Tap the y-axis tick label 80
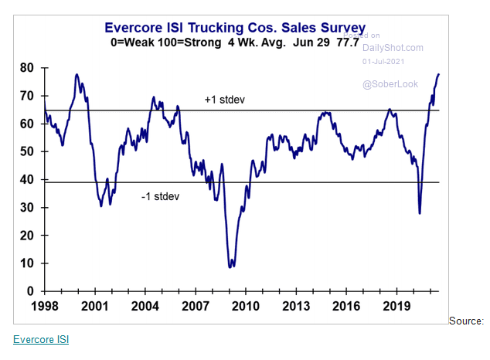[x=26, y=68]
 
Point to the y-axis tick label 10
[x=26, y=263]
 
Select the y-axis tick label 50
[x=26, y=151]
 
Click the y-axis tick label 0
[x=30, y=291]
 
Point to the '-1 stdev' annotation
[x=160, y=196]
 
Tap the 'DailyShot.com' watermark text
[x=393, y=48]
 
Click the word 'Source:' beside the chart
[x=466, y=321]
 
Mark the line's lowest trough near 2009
[x=231, y=267]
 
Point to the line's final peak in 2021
[x=439, y=74]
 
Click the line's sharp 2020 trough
[x=420, y=213]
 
